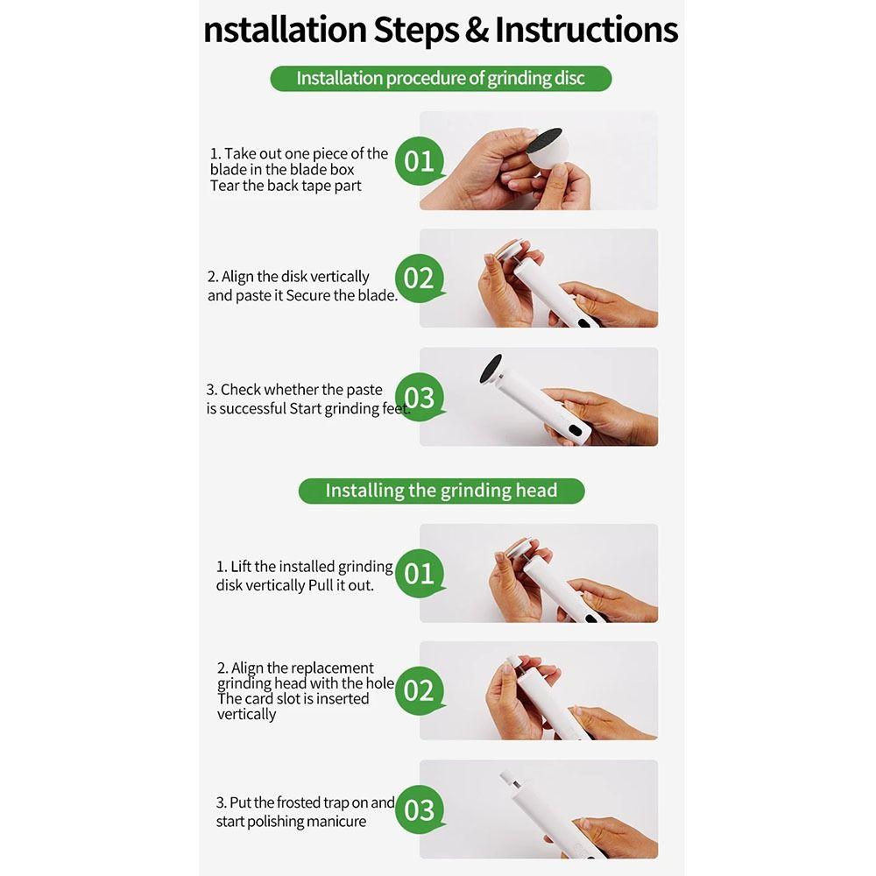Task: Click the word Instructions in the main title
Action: (x=587, y=29)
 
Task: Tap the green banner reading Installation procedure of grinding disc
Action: (x=441, y=78)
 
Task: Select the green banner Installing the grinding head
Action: (x=442, y=491)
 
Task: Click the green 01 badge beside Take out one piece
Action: (x=419, y=161)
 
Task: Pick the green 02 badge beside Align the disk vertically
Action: (x=419, y=279)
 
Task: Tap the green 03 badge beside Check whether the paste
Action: (x=419, y=397)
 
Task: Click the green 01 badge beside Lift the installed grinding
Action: (x=419, y=574)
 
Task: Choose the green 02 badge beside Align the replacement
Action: (x=419, y=691)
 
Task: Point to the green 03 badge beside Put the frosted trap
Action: (x=419, y=810)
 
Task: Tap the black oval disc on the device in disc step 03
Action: (x=491, y=369)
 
